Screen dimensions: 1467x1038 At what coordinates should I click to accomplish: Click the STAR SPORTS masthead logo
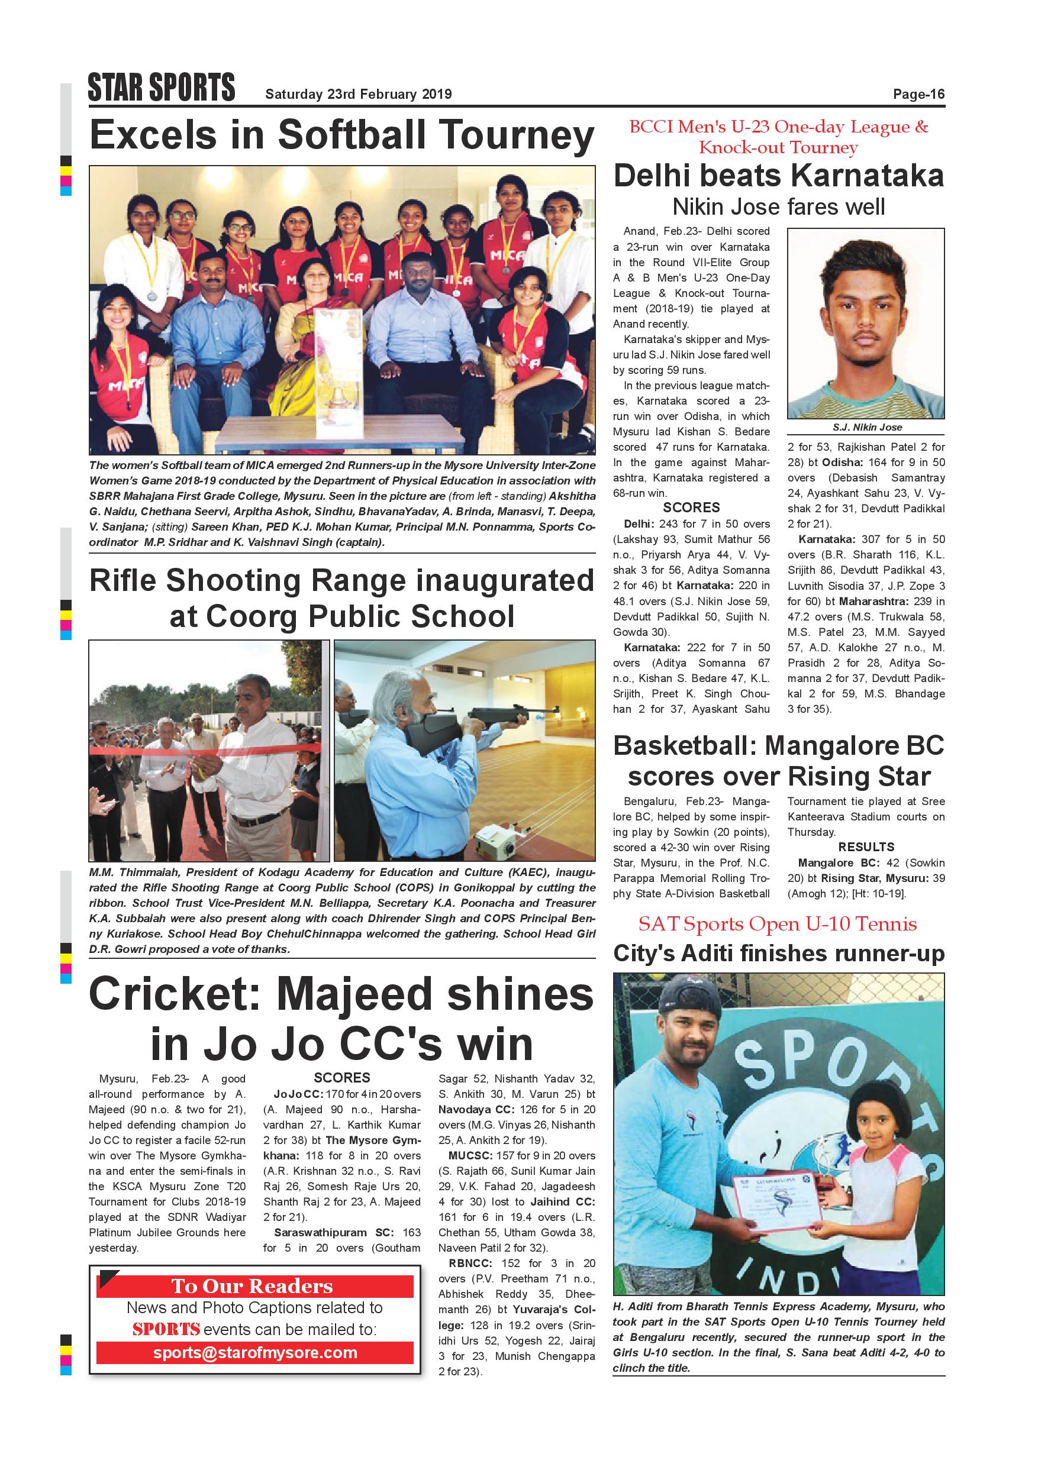(162, 88)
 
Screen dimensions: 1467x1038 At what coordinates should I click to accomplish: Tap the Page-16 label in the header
(918, 95)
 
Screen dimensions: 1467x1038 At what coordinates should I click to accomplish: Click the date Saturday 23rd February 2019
(359, 95)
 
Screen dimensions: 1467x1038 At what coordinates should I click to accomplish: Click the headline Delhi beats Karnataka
(779, 176)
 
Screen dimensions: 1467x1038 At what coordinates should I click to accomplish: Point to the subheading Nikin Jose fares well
(779, 207)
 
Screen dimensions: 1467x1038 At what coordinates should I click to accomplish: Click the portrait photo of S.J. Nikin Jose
(865, 322)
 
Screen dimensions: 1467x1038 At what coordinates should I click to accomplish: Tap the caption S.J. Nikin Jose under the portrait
(867, 427)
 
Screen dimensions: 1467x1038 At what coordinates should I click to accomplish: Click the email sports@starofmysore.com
(255, 1353)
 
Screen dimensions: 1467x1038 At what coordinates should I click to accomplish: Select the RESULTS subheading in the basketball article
(866, 847)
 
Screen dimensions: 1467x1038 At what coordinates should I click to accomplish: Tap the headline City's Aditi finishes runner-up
(779, 954)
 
